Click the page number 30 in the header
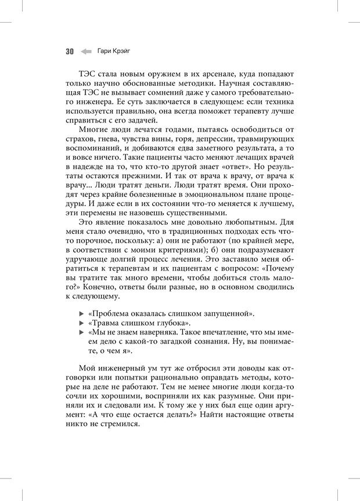pyautogui.click(x=69, y=52)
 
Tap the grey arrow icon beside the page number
pyautogui.click(x=86, y=52)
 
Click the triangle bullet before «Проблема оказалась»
pyautogui.click(x=81, y=313)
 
